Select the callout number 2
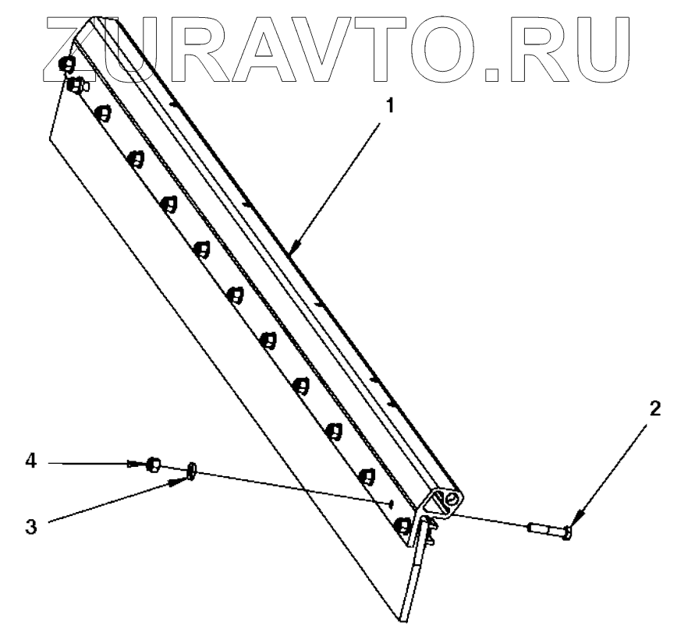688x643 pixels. coord(655,408)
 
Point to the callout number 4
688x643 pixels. coord(30,461)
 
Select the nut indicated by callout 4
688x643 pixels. coord(154,465)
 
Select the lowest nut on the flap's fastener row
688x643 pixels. coord(403,526)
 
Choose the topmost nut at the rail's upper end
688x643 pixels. coord(66,65)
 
